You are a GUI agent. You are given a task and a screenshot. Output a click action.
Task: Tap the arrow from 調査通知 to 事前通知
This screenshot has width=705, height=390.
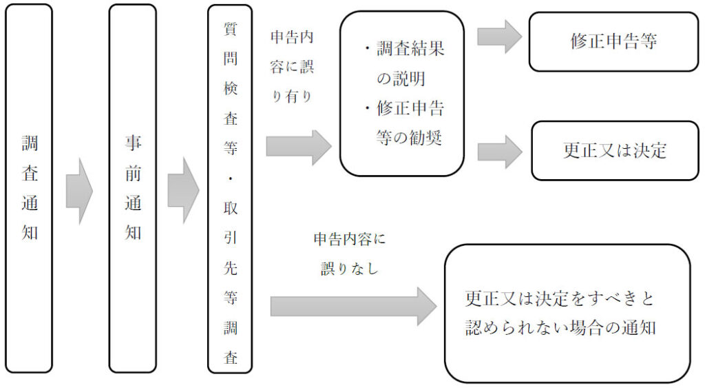click(x=79, y=191)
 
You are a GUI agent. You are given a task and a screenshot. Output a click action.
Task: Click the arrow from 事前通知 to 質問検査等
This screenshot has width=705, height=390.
click(x=183, y=191)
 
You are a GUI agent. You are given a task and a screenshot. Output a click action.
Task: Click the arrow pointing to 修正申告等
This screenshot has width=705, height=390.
click(x=500, y=37)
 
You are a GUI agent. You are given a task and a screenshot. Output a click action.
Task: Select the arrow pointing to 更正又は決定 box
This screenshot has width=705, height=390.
click(x=500, y=152)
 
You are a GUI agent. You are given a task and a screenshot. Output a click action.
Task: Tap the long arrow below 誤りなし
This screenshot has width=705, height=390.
click(x=353, y=307)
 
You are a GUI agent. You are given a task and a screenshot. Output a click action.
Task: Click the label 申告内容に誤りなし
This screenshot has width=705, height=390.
click(x=349, y=254)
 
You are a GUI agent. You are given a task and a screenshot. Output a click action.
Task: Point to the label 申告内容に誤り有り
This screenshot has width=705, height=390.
click(x=292, y=67)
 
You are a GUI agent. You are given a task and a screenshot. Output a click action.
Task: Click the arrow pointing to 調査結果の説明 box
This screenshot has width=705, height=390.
click(x=299, y=147)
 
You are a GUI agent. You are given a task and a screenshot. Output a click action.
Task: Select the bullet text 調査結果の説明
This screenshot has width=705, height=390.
click(x=405, y=63)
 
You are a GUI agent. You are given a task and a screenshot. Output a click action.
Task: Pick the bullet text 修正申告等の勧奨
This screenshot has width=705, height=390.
click(x=405, y=123)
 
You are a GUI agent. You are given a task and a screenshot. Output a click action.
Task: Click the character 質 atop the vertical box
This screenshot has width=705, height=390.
click(x=230, y=29)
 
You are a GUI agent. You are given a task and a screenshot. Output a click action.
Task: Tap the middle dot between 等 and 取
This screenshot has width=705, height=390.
click(x=230, y=178)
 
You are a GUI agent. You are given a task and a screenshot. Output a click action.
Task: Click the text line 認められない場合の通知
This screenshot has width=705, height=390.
click(x=560, y=327)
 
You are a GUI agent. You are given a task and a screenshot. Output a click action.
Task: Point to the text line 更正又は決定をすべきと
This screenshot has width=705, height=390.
click(x=559, y=298)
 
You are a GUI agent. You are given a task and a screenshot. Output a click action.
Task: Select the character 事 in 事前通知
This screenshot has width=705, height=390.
click(x=133, y=143)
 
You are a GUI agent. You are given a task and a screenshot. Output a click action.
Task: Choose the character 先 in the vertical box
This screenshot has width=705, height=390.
click(x=230, y=268)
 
